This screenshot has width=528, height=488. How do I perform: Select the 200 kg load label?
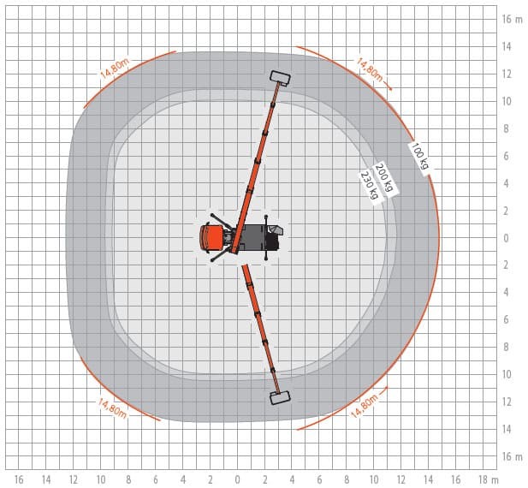pos(384,177)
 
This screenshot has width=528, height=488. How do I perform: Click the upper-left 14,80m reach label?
pos(115,69)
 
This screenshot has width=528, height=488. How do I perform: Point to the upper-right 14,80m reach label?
pos(370,70)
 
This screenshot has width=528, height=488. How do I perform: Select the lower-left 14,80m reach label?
pos(112,408)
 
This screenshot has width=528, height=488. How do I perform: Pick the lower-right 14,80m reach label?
pos(365,406)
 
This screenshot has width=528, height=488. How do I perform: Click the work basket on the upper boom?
pos(280,78)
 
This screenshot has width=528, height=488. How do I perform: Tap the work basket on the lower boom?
pos(280,397)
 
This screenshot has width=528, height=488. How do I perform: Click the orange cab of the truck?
pos(211,238)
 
